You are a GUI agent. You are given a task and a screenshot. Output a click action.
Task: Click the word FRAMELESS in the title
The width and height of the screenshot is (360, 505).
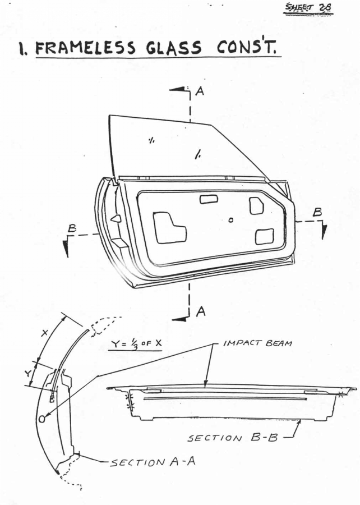click(85, 48)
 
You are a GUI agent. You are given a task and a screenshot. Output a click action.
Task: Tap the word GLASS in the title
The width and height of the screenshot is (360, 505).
click(174, 48)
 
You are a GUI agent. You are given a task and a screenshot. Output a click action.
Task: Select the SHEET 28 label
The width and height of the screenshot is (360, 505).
click(308, 8)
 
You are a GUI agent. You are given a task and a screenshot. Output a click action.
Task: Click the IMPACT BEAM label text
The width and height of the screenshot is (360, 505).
click(258, 343)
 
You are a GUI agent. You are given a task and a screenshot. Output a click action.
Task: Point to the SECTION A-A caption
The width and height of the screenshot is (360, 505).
click(153, 462)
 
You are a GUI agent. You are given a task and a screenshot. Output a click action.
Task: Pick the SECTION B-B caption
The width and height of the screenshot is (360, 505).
click(232, 438)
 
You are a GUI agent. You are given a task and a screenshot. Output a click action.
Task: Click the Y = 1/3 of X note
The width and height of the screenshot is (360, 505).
click(135, 343)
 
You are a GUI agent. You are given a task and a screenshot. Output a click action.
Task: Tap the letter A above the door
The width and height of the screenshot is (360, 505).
click(200, 91)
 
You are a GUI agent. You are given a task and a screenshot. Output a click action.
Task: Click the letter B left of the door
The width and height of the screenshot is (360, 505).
click(72, 228)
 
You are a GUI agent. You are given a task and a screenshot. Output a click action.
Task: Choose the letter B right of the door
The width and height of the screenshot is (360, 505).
click(317, 212)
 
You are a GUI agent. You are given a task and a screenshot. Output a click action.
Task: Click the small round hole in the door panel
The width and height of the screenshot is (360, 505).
click(230, 221)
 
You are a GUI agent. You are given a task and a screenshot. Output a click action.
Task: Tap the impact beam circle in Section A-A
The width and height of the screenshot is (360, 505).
click(42, 419)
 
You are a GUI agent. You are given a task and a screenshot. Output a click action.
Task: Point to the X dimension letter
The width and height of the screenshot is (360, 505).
click(44, 333)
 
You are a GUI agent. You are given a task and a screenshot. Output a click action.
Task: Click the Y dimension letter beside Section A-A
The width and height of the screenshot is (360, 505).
click(28, 374)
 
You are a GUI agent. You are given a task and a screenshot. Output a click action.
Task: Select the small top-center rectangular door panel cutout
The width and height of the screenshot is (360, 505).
click(209, 199)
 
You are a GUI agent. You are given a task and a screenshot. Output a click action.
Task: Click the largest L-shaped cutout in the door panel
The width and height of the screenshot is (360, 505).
click(169, 227)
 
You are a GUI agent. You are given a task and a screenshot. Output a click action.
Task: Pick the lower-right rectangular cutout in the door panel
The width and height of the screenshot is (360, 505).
click(265, 237)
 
